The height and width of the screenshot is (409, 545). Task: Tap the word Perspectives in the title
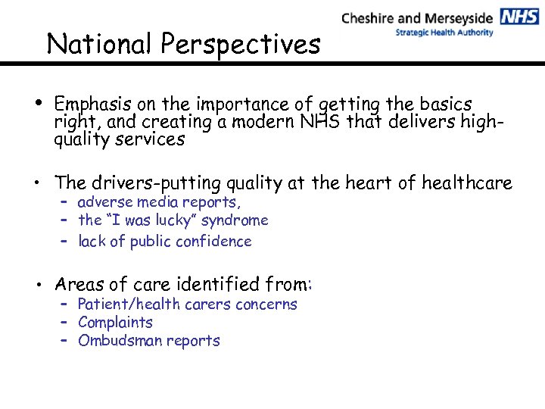point(239,45)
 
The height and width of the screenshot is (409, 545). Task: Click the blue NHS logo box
point(519,17)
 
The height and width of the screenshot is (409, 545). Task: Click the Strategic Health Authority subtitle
point(444,33)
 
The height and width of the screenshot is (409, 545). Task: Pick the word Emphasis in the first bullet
point(89,104)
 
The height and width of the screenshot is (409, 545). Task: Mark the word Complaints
point(115,323)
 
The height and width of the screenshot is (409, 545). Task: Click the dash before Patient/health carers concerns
point(66,304)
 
